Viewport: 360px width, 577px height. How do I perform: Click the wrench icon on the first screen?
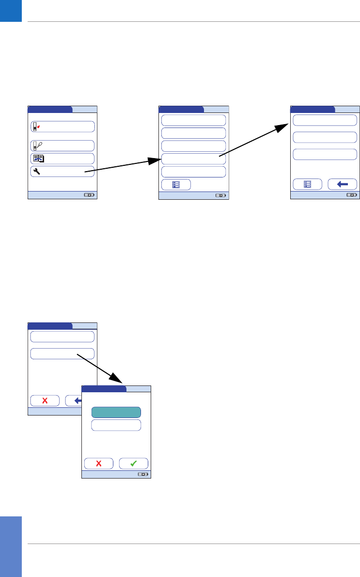(x=36, y=171)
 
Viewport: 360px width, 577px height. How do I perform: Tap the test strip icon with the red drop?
(x=36, y=127)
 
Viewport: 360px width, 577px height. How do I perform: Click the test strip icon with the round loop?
(x=36, y=145)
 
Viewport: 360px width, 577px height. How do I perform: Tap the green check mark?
(x=133, y=463)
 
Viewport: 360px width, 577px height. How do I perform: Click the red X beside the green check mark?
(x=98, y=463)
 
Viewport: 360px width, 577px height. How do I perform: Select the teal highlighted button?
(x=116, y=412)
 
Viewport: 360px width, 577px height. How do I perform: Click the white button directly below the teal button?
(x=116, y=425)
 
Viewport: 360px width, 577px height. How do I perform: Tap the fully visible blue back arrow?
(x=342, y=184)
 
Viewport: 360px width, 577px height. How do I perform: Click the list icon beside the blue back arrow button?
(x=307, y=184)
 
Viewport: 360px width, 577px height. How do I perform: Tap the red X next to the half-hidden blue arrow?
(x=45, y=401)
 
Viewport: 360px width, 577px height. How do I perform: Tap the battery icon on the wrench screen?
(x=89, y=195)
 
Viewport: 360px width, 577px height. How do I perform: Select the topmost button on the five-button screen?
(x=193, y=120)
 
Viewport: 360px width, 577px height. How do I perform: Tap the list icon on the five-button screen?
(x=176, y=184)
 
